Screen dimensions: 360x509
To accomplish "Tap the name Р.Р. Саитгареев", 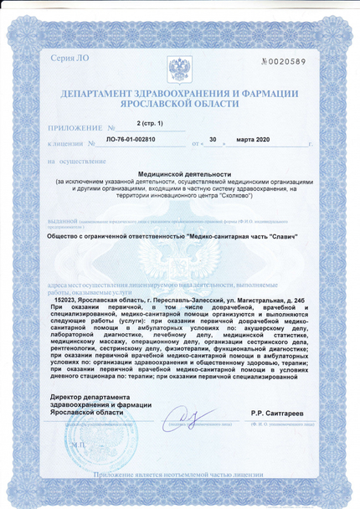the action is click(276, 414).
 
